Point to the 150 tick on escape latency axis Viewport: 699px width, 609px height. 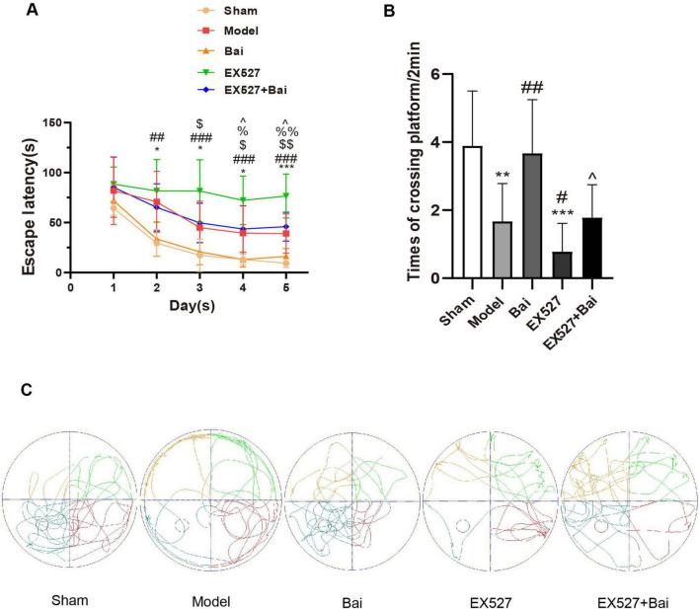(x=52, y=123)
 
